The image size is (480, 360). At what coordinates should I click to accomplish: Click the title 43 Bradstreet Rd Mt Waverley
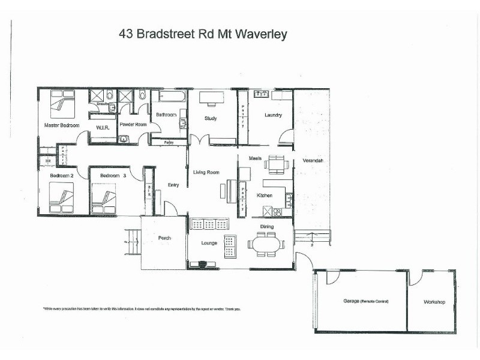point(203,34)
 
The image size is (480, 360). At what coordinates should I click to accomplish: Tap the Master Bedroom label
point(62,125)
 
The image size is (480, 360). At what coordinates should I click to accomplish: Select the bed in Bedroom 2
point(61,197)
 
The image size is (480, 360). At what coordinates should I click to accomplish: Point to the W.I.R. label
point(101,128)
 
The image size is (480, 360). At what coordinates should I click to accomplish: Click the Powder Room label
point(133,124)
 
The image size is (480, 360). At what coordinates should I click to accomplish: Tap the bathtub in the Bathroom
point(173,96)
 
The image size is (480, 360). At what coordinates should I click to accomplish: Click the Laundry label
point(273,115)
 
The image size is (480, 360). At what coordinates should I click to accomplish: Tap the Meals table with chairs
point(277,164)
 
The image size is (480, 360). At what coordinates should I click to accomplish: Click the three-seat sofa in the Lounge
point(209,224)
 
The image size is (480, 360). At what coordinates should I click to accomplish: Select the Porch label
point(164,238)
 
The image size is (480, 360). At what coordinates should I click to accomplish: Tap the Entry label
point(173,185)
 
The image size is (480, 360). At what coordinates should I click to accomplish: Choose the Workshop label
point(434,301)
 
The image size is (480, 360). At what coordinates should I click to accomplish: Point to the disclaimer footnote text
point(141,309)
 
